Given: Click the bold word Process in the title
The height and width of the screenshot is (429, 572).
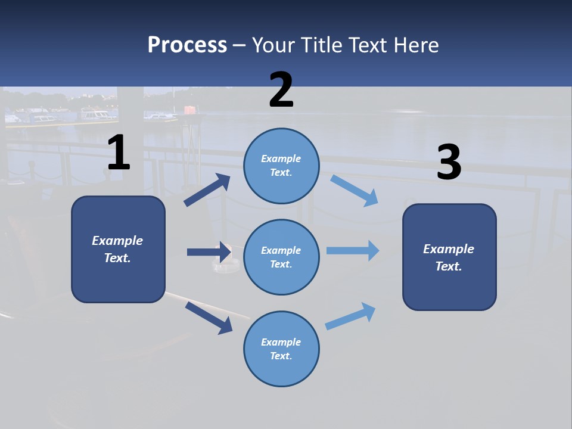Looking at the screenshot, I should tap(187, 45).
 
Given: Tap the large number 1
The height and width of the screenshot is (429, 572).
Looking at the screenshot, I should tap(119, 153).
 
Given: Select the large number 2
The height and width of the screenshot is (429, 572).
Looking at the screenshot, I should tap(281, 90).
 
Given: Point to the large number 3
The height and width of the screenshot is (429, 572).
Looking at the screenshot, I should tap(449, 163).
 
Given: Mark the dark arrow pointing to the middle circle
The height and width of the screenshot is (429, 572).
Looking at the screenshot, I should tap(209, 252).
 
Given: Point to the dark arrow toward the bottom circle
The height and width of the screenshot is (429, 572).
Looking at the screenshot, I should tap(209, 318).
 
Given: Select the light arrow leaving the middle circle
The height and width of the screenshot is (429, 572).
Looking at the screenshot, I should tap(352, 250).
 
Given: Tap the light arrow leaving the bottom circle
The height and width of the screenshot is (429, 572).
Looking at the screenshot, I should tap(350, 316).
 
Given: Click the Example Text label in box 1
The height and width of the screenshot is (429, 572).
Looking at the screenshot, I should tap(117, 249).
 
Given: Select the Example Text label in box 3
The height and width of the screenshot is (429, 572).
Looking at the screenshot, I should tap(449, 257).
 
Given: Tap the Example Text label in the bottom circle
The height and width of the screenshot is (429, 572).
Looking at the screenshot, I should tap(281, 349).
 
